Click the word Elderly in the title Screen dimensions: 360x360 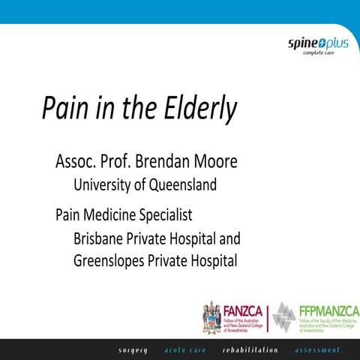pyautogui.click(x=197, y=109)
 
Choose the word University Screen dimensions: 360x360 pyautogui.click(x=102, y=184)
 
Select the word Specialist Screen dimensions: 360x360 pyautogui.click(x=168, y=215)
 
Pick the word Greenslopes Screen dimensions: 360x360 pyautogui.click(x=111, y=262)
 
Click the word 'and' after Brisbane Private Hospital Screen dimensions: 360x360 pyautogui.click(x=229, y=239)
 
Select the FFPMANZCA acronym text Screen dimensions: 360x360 pyautogui.click(x=317, y=308)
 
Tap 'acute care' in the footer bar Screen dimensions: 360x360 pyautogui.click(x=185, y=349)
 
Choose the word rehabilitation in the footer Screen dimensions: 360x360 pyautogui.click(x=250, y=349)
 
